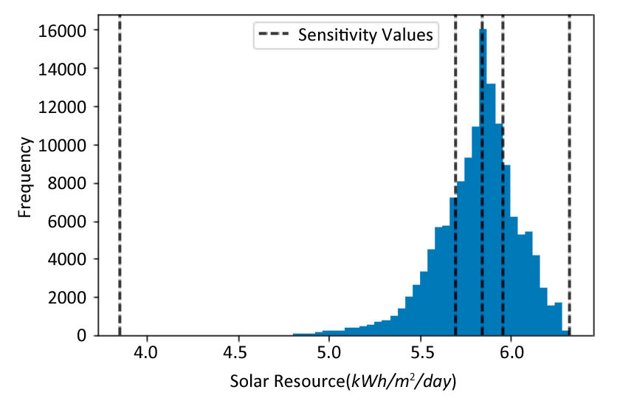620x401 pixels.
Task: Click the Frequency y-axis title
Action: tap(25, 177)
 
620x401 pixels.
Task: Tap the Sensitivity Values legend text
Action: tap(365, 35)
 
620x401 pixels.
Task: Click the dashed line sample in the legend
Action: tap(274, 35)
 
